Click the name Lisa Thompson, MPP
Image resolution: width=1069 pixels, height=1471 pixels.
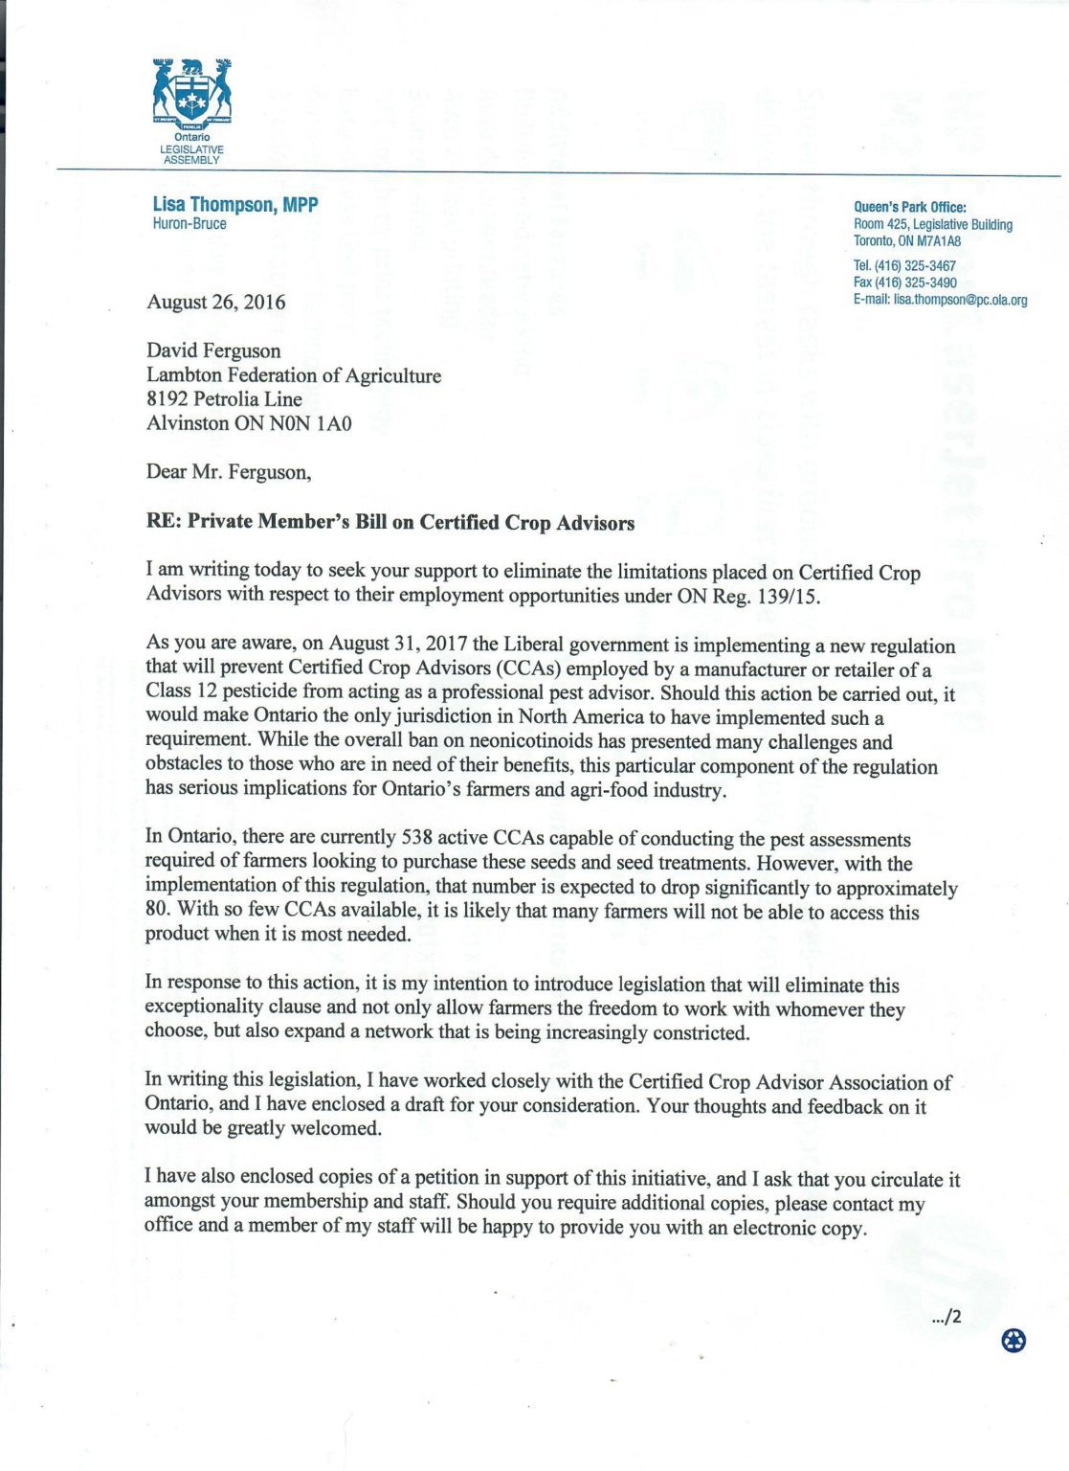pyautogui.click(x=234, y=205)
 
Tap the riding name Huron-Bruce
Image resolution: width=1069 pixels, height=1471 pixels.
pyautogui.click(x=189, y=224)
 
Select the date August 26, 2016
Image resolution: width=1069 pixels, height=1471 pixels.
pyautogui.click(x=215, y=303)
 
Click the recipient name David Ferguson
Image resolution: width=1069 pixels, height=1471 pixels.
pyautogui.click(x=213, y=351)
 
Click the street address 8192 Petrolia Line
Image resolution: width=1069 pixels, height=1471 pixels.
pyautogui.click(x=224, y=399)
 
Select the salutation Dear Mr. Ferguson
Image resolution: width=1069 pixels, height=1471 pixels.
pyautogui.click(x=228, y=472)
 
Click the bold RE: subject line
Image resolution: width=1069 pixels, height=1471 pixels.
pyautogui.click(x=390, y=523)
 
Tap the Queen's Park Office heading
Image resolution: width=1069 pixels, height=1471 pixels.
pyautogui.click(x=909, y=207)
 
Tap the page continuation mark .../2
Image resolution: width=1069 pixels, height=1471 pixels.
pyautogui.click(x=946, y=1318)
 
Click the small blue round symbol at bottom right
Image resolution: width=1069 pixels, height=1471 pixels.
pyautogui.click(x=1013, y=1341)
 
